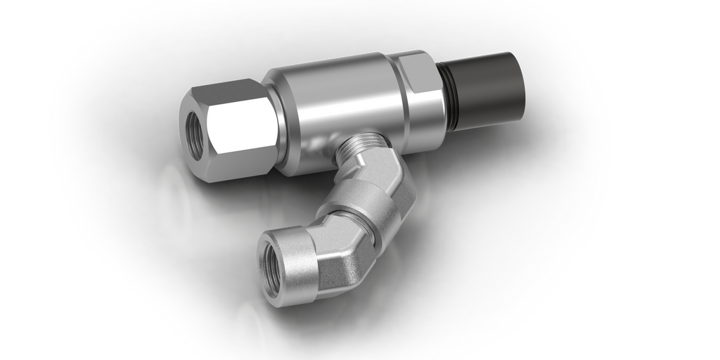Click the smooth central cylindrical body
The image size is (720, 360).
[337, 105]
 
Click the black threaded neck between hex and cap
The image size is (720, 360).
[451, 95]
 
